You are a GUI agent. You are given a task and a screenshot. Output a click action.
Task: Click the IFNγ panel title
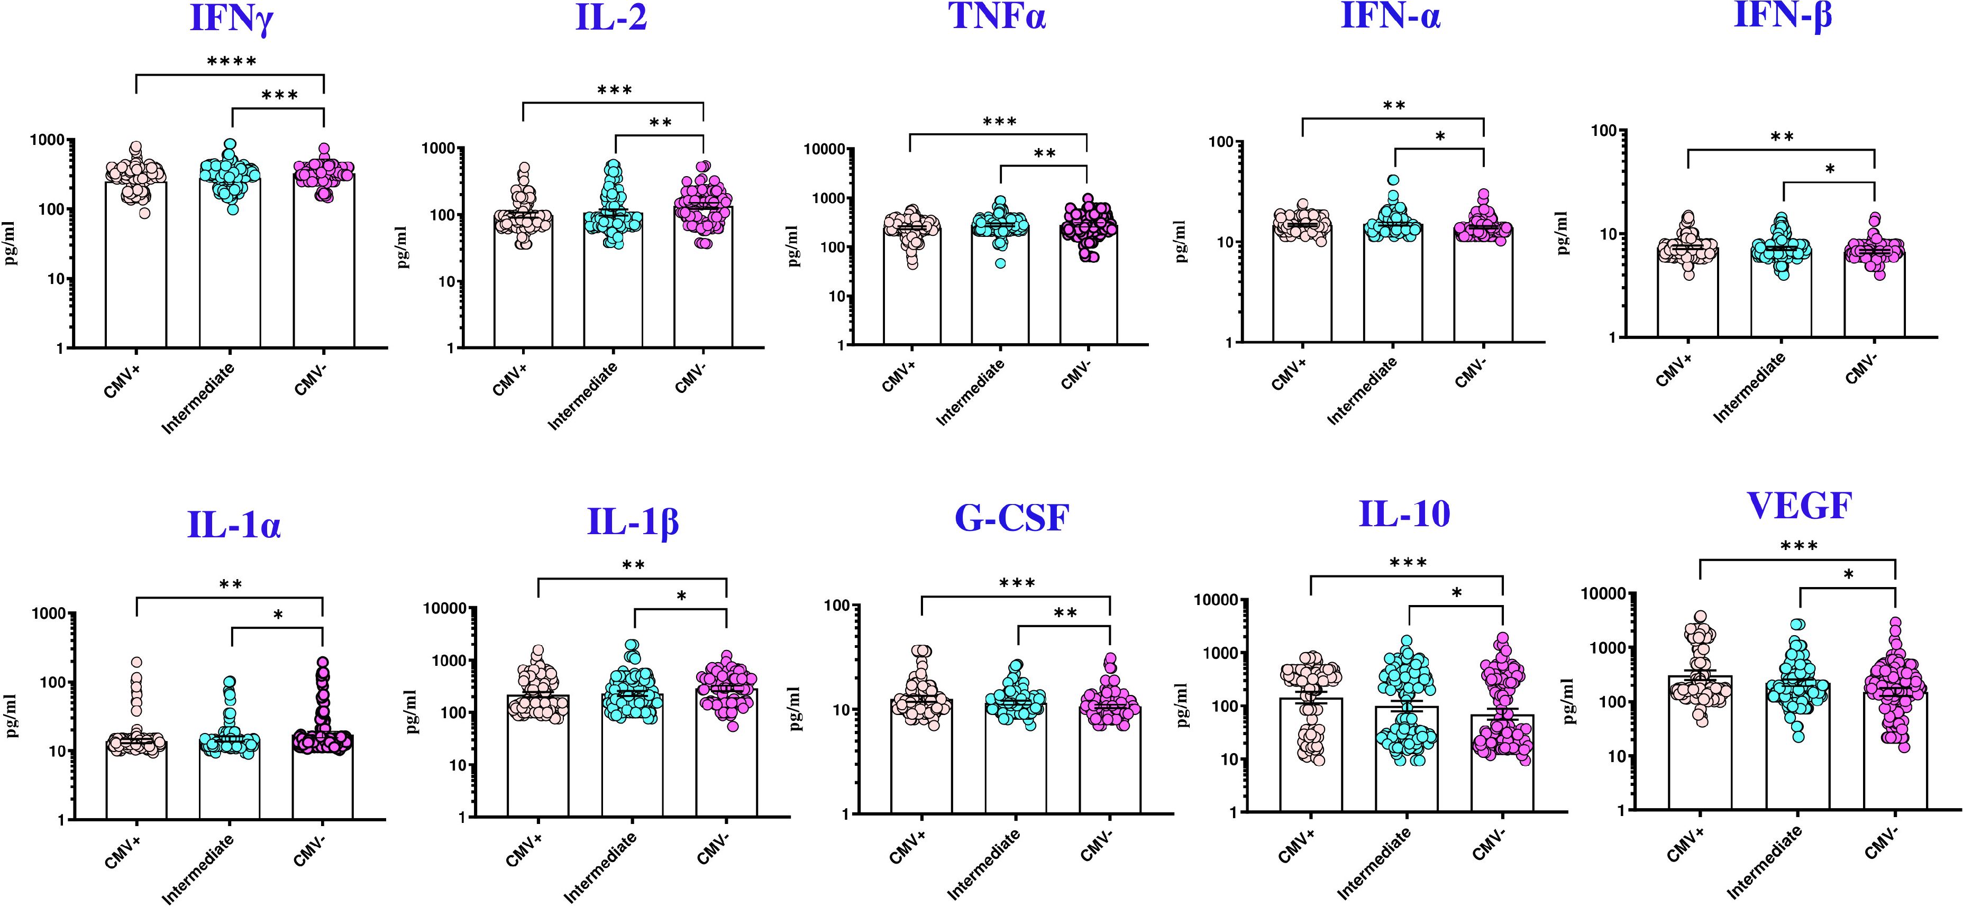pyautogui.click(x=231, y=19)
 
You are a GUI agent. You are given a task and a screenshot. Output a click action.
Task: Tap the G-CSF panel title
pyautogui.click(x=1011, y=518)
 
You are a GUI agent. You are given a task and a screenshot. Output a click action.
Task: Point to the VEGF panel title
pyautogui.click(x=1798, y=506)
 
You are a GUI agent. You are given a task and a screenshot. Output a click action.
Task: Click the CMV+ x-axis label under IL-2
pyautogui.click(x=510, y=379)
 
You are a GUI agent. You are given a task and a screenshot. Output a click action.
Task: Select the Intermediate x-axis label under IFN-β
pyautogui.click(x=1750, y=389)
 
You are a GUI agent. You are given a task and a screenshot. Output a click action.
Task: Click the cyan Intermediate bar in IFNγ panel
pyautogui.click(x=230, y=267)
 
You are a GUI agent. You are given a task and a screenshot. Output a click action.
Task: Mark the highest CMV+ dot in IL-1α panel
pyautogui.click(x=136, y=662)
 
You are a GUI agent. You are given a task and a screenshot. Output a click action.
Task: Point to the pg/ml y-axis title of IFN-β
pyautogui.click(x=1562, y=233)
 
